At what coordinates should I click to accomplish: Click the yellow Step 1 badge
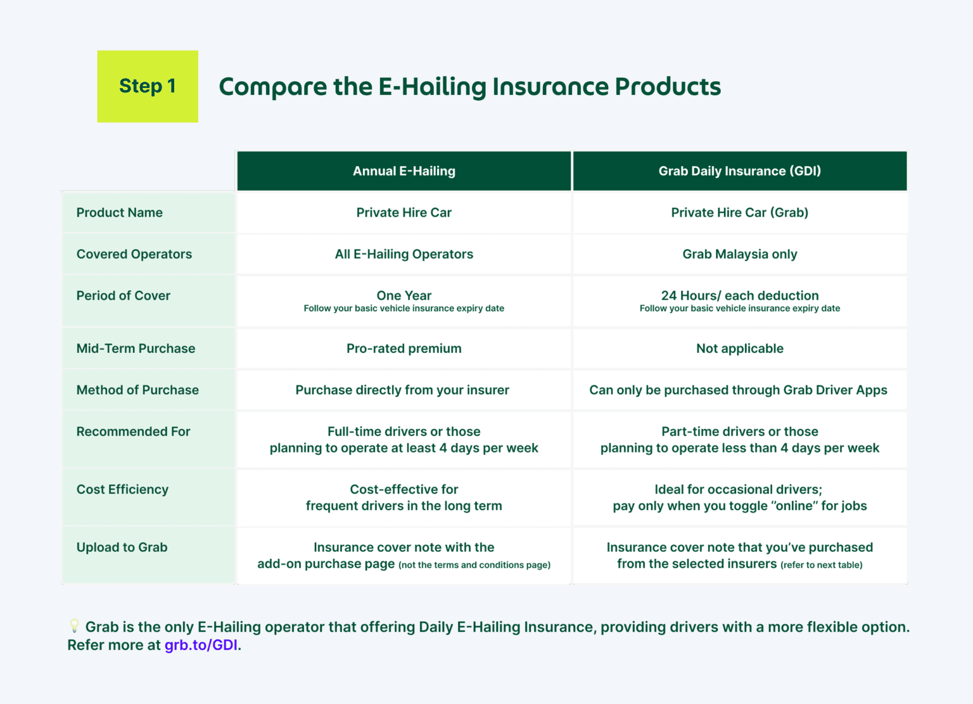(148, 86)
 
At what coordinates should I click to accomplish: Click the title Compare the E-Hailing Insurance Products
(469, 87)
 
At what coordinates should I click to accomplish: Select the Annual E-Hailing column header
(404, 171)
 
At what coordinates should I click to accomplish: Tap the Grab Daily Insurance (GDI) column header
(739, 171)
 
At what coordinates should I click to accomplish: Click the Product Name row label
(119, 213)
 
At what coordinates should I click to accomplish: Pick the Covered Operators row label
(134, 254)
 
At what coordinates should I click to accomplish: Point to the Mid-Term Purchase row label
(136, 349)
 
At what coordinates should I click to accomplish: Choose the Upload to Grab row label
(122, 547)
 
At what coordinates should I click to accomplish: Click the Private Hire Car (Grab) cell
(739, 213)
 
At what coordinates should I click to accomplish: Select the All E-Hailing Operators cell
(404, 254)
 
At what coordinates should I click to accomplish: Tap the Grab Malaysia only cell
(739, 254)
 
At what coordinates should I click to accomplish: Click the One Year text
(404, 296)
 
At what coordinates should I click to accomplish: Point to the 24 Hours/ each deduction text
(739, 296)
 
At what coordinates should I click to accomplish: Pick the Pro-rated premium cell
(404, 349)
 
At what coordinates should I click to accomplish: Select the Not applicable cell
(739, 349)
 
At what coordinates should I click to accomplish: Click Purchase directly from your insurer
(402, 390)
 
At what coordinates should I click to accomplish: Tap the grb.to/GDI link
(201, 645)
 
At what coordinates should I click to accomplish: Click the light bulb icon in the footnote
(74, 626)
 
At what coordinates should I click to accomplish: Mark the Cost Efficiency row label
(122, 490)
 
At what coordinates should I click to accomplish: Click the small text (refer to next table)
(821, 565)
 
